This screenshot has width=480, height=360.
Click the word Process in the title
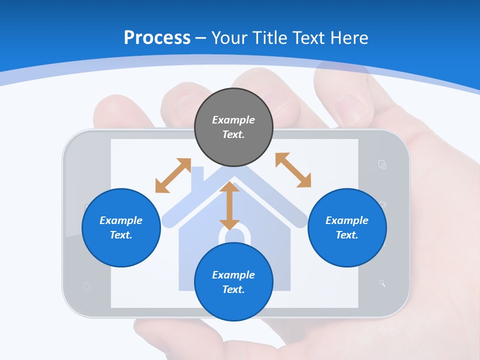(x=157, y=38)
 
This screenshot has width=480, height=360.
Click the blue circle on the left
(x=121, y=227)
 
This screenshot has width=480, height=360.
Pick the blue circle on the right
(x=347, y=227)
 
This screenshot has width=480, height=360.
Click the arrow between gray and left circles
(x=173, y=175)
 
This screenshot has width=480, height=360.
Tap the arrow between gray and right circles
(x=293, y=170)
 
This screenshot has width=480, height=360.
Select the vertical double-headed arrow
(x=229, y=205)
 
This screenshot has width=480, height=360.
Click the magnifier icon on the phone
(x=382, y=283)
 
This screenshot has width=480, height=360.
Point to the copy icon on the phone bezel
(x=382, y=164)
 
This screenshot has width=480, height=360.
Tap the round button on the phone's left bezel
(x=86, y=286)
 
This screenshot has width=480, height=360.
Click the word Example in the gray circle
(x=233, y=120)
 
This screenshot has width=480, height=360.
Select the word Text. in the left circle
(x=121, y=235)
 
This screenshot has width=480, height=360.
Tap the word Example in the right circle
(x=347, y=220)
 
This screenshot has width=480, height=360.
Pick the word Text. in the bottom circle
(x=233, y=289)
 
